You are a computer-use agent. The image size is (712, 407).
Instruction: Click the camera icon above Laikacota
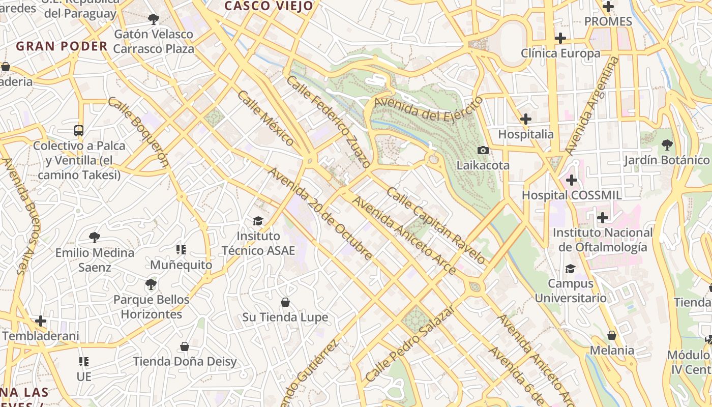click(x=483, y=150)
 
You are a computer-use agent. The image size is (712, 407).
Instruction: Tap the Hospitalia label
click(x=525, y=134)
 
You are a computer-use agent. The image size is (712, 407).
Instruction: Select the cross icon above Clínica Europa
click(x=560, y=38)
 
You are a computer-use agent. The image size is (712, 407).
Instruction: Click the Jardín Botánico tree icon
click(x=667, y=145)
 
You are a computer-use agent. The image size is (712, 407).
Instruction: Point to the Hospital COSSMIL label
click(x=572, y=195)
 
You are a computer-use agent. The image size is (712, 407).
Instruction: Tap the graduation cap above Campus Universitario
click(x=570, y=269)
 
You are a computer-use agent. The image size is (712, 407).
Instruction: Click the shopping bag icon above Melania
click(x=612, y=335)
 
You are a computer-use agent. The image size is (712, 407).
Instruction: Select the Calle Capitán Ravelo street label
click(x=436, y=225)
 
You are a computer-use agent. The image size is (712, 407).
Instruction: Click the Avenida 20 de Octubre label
click(x=320, y=214)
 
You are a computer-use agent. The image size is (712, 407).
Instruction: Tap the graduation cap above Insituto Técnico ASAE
click(x=258, y=221)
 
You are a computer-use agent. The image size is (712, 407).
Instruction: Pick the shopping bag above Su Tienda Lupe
click(x=285, y=302)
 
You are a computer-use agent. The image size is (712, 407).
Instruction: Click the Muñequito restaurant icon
click(x=181, y=250)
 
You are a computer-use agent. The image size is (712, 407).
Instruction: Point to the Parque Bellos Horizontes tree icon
click(x=151, y=284)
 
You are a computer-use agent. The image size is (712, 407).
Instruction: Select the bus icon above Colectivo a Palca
click(x=79, y=131)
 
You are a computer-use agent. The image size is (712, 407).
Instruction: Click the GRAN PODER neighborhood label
click(x=62, y=46)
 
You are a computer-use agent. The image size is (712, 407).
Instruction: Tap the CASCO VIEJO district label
click(x=269, y=6)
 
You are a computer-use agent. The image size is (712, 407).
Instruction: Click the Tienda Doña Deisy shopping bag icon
click(x=185, y=346)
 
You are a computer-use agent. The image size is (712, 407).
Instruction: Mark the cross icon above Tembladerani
click(x=41, y=321)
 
